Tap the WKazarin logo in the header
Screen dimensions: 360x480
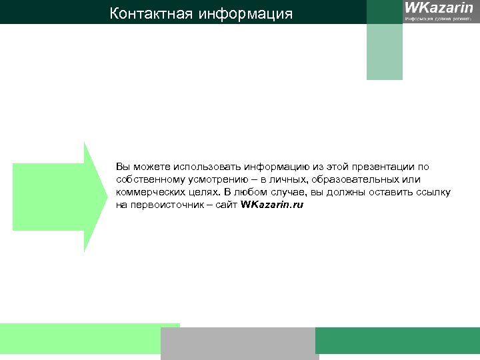point(439,8)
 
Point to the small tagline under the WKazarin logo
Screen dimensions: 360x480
point(439,19)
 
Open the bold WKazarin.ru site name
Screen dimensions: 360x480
point(272,205)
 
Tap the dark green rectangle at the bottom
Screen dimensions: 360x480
point(397,341)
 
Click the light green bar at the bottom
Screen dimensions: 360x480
point(80,339)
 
